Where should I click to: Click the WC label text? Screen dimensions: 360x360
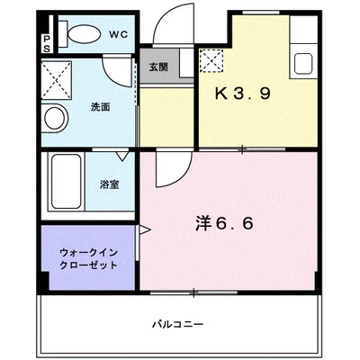click(119, 35)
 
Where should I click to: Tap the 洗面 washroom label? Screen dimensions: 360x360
click(100, 106)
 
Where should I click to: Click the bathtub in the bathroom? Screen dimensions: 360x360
click(66, 184)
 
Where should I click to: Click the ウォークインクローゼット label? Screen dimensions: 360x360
click(88, 259)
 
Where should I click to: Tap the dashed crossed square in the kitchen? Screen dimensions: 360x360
click(214, 61)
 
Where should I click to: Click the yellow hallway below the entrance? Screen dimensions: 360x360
click(166, 117)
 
